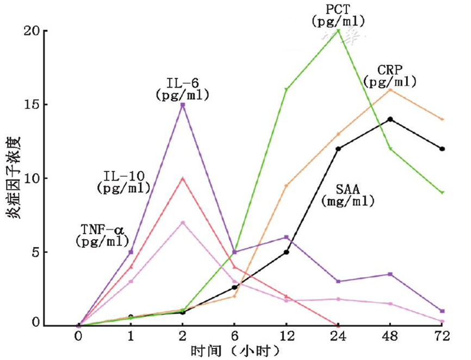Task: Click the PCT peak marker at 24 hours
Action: click(x=338, y=30)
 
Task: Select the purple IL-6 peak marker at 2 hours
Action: click(x=182, y=105)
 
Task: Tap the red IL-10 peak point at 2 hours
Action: click(x=182, y=178)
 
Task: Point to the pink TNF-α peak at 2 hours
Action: click(x=182, y=222)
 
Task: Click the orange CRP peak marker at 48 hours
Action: click(x=390, y=90)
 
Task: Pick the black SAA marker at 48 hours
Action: click(x=390, y=119)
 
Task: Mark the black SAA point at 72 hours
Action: click(x=442, y=149)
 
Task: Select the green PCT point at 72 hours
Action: click(x=442, y=192)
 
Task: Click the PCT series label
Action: click(x=339, y=15)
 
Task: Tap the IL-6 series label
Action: click(x=182, y=89)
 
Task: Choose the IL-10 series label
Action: click(x=124, y=182)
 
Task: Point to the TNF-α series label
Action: click(x=102, y=235)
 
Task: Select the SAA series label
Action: click(x=348, y=196)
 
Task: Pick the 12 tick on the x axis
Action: click(x=286, y=336)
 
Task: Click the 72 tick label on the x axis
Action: click(x=442, y=336)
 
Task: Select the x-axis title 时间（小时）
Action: click(x=235, y=351)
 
